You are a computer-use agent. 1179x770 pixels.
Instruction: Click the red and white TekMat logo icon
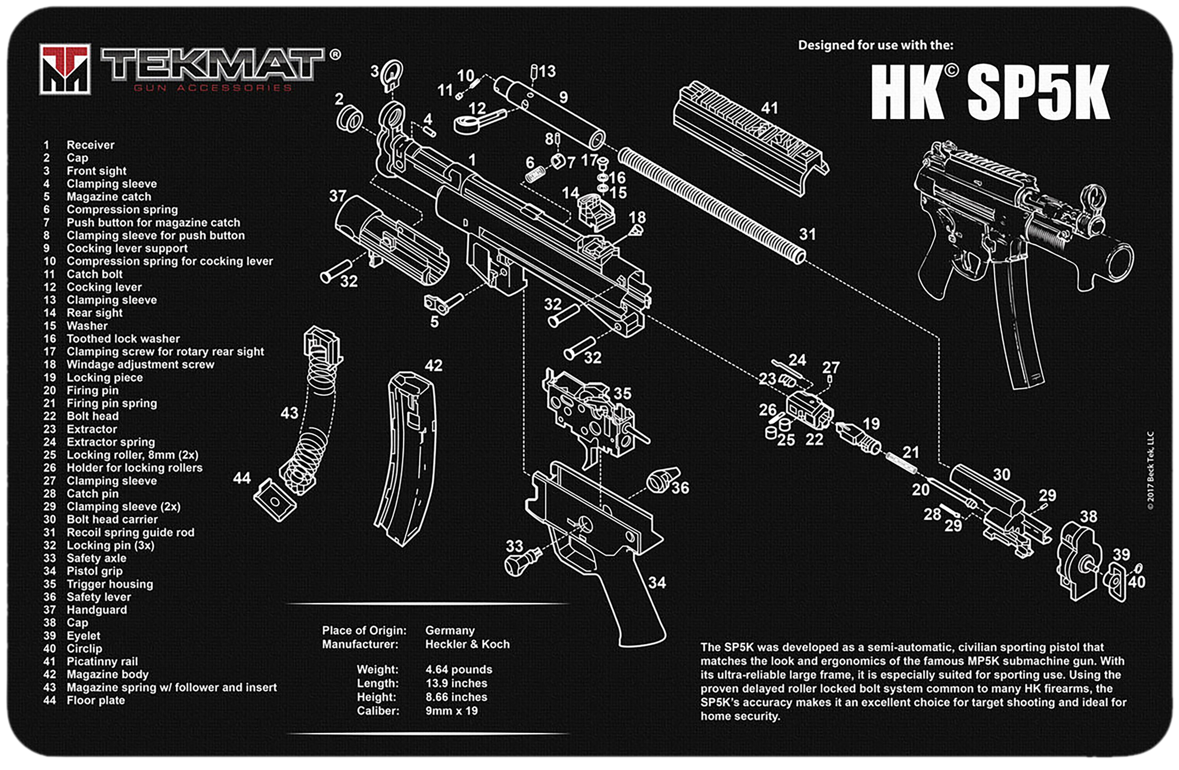coord(65,69)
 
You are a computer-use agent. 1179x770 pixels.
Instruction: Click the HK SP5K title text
coord(990,92)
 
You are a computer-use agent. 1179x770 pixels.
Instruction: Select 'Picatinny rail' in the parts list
coord(102,662)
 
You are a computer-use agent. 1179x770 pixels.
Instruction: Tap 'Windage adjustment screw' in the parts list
coord(140,364)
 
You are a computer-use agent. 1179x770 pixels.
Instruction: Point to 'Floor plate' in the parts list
coord(96,700)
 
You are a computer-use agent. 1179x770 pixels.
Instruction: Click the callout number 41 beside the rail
coord(769,108)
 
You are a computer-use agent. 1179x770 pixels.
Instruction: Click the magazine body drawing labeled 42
coord(406,458)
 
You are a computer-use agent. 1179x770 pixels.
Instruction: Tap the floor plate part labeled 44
coord(274,500)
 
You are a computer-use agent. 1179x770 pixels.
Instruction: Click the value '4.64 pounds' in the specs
coord(459,670)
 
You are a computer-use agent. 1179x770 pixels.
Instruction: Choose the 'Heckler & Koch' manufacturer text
coord(467,644)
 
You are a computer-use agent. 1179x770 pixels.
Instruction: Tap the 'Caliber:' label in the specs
coord(378,711)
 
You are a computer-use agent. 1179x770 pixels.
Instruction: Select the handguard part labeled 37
coord(391,240)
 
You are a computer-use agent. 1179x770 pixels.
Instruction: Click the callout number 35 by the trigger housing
coord(623,394)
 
